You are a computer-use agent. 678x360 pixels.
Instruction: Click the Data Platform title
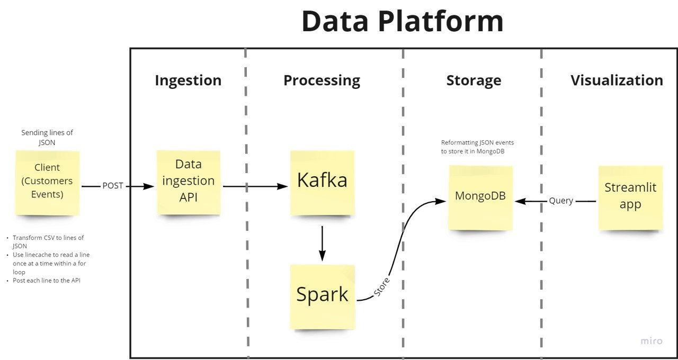point(403,21)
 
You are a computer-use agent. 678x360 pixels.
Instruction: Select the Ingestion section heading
point(188,80)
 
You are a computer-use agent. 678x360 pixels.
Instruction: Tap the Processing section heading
point(322,80)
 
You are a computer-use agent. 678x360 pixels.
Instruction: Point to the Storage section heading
point(474,80)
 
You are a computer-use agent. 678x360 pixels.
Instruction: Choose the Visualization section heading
point(617,80)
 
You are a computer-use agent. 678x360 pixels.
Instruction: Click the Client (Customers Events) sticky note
point(47,182)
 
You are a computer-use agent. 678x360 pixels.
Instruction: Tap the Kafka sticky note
point(322,182)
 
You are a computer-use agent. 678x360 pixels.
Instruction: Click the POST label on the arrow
point(113,186)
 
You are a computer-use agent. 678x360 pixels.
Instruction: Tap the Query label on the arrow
point(560,201)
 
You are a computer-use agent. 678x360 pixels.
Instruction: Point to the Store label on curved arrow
point(382,286)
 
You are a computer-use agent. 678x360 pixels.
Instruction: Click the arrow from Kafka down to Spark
point(322,243)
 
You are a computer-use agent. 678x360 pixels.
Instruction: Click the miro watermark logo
point(651,341)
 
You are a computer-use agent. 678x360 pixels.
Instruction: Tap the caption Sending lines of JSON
point(47,138)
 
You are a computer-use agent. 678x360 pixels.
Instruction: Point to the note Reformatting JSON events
point(477,147)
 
